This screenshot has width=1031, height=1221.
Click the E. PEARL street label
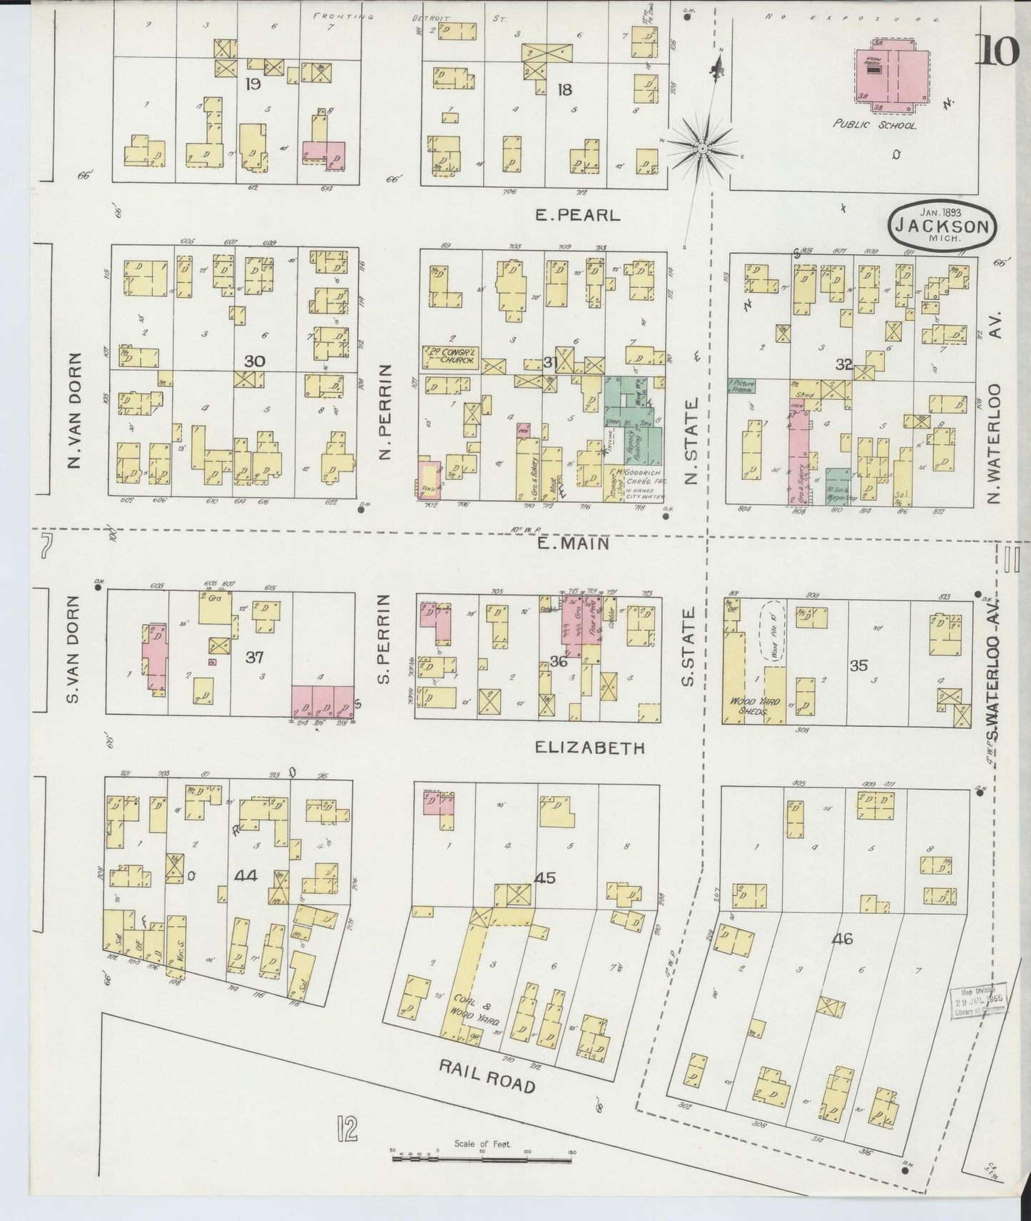click(578, 214)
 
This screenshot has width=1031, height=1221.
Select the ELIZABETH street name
click(589, 748)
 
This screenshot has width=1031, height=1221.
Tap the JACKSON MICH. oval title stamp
click(942, 226)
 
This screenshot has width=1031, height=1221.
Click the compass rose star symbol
click(702, 148)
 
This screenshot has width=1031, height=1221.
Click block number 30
click(254, 361)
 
